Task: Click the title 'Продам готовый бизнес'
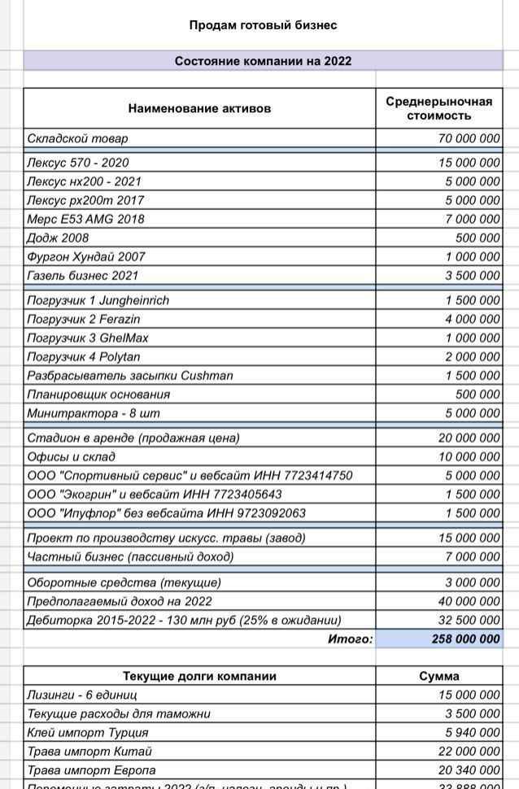click(263, 25)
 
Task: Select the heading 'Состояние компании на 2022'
click(263, 61)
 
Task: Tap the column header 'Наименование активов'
click(199, 108)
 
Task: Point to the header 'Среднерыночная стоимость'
click(438, 108)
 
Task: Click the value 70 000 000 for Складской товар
click(469, 139)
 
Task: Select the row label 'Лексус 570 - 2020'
click(78, 163)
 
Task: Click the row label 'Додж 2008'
click(58, 238)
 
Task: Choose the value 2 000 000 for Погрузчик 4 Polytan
click(472, 356)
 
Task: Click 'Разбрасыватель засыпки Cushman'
click(130, 375)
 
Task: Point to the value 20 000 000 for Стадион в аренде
click(469, 438)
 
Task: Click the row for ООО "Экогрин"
click(155, 494)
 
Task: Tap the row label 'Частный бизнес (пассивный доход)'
click(130, 556)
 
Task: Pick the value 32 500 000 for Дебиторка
click(469, 620)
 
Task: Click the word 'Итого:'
click(350, 639)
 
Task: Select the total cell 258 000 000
click(465, 639)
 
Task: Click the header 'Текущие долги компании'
click(199, 676)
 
